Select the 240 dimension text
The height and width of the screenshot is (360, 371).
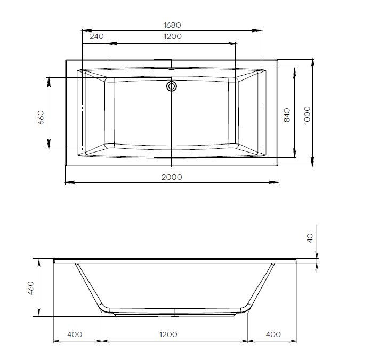pos(96,36)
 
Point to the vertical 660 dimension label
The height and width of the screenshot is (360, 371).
pos(41,117)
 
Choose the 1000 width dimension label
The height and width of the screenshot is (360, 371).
pos(307,115)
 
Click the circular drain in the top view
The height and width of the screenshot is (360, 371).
pos(172,85)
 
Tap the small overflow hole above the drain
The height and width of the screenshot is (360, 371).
pos(172,69)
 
